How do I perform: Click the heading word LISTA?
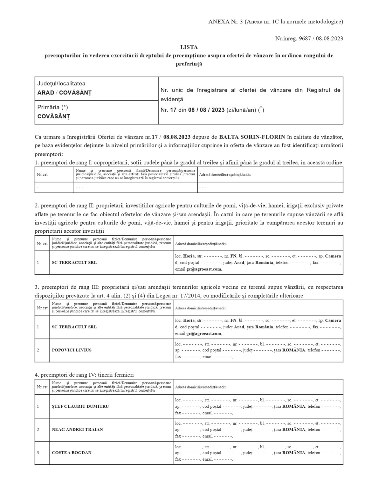click(x=189, y=47)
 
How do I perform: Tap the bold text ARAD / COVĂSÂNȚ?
click(x=64, y=93)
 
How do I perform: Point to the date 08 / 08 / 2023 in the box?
click(x=206, y=110)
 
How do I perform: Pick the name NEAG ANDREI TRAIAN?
click(x=77, y=429)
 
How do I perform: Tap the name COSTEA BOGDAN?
click(x=71, y=453)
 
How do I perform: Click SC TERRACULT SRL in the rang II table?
click(x=74, y=262)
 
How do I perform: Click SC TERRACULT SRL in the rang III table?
click(x=74, y=327)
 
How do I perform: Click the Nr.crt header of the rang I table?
click(x=42, y=174)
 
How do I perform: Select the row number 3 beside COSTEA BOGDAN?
click(x=38, y=453)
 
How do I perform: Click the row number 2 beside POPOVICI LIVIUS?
click(x=38, y=350)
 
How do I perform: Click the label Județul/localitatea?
click(x=61, y=84)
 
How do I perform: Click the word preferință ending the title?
click(x=189, y=64)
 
